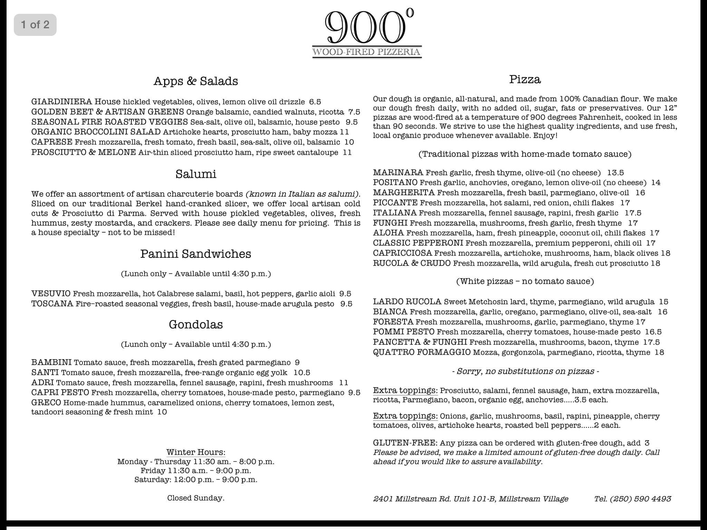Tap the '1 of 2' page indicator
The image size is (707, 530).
[x=35, y=25]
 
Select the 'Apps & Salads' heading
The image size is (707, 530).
[x=196, y=81]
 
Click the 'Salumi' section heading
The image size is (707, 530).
[x=196, y=174]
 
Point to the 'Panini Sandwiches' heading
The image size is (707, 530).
[x=196, y=254]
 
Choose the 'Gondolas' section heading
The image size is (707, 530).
[x=196, y=324]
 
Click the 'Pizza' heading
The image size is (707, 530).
[x=525, y=80]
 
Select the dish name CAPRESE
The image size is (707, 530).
[x=52, y=142]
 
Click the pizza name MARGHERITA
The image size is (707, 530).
[x=404, y=193]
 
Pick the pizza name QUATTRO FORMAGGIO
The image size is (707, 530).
[x=422, y=352]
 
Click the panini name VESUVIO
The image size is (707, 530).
[x=51, y=294]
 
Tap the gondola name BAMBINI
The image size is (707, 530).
[x=51, y=363]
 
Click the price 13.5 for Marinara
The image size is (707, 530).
[x=615, y=173]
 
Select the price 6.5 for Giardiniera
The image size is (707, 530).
[x=315, y=102]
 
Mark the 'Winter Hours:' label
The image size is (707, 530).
[x=196, y=452]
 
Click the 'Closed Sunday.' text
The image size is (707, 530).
[x=196, y=498]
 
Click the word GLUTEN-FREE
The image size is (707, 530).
[x=405, y=443]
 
